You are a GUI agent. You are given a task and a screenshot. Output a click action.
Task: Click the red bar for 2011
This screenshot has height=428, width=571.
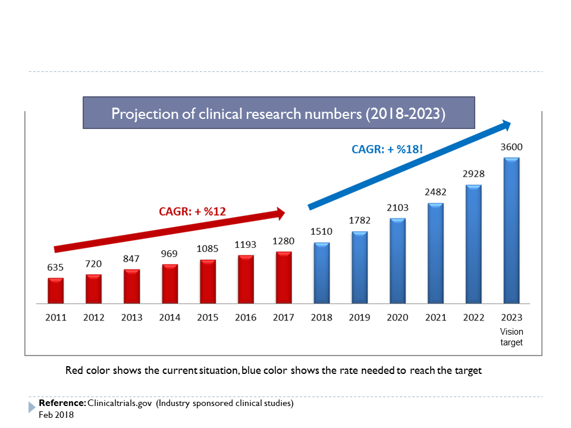coord(55,289)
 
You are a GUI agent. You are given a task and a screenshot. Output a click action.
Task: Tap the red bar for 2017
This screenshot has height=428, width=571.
coord(284,276)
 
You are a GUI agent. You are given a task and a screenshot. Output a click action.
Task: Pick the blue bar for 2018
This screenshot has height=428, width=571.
coord(322,272)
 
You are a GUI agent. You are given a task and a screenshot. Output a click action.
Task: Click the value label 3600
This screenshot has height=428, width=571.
coord(512,147)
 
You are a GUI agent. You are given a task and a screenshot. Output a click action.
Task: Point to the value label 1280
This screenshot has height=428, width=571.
coord(284,241)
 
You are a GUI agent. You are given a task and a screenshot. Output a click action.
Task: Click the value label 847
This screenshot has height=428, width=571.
coord(131,259)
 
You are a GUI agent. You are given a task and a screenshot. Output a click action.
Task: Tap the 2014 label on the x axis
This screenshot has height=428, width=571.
coord(170,317)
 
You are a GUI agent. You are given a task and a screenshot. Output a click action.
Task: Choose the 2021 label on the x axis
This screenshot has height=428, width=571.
coord(435,317)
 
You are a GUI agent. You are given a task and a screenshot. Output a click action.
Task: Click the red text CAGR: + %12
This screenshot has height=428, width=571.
coord(192,210)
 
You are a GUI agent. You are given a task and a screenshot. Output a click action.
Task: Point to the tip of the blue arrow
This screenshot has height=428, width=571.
coord(510,124)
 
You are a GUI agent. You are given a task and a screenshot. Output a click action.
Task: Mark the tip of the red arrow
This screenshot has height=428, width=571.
coord(286,212)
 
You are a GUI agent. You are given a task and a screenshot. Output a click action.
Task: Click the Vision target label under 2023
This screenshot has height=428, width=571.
coord(512,337)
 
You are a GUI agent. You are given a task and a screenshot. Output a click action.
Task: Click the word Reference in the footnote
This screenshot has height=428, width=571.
coord(62,403)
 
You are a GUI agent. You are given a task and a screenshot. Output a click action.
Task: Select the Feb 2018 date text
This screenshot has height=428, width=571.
coord(56,414)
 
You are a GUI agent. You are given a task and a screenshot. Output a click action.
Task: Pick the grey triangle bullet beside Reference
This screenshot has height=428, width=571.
coord(32,407)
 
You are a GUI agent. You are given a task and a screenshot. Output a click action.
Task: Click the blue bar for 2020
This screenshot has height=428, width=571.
coord(397,260)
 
